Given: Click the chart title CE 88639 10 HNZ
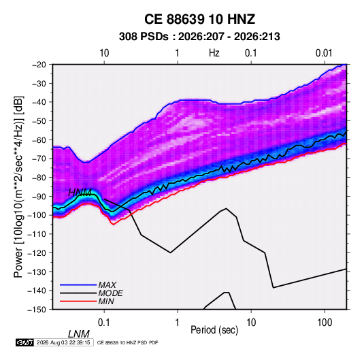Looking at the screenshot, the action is [199, 19].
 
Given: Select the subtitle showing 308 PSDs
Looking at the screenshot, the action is [199, 37].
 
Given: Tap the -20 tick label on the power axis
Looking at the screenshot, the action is [39, 65].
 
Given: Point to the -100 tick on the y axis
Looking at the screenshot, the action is [37, 215].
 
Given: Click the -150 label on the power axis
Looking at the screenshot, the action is [37, 310].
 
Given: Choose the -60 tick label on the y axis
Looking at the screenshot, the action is [39, 140].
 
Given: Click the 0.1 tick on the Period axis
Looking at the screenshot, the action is [104, 323].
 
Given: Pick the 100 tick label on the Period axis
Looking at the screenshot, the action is [325, 323].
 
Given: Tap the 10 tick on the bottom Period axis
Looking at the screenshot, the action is [251, 323].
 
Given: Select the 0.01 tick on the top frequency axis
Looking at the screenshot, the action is [324, 53].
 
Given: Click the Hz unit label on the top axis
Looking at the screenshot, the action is [214, 53].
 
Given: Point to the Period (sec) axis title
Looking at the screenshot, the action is [214, 330].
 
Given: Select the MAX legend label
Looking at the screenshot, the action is [107, 285].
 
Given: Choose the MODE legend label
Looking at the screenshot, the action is [110, 293].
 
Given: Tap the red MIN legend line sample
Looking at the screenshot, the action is [78, 301].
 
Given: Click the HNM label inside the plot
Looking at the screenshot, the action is [80, 193].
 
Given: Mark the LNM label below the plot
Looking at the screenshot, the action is [79, 334].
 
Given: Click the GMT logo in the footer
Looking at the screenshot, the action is [25, 342].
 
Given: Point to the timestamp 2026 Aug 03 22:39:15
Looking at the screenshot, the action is [63, 342].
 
